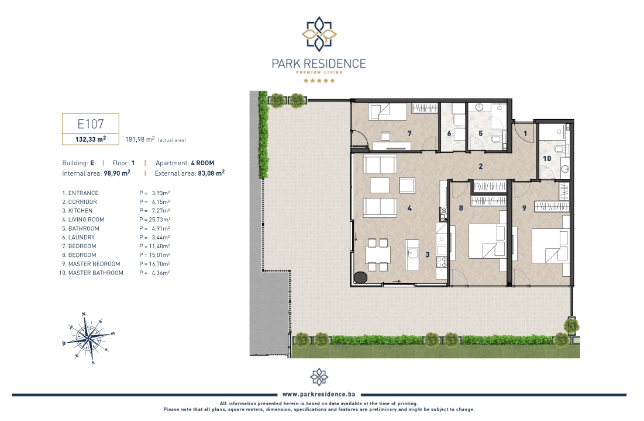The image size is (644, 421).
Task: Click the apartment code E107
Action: coord(91,124)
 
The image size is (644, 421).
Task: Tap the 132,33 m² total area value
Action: coord(91,140)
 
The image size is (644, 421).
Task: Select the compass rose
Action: coord(89,338)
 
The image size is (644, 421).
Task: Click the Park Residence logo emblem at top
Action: coord(319,34)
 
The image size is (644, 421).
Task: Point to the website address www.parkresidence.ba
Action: coord(319,394)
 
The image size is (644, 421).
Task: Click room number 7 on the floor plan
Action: coord(409,133)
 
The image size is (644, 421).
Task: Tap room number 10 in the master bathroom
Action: coord(547,159)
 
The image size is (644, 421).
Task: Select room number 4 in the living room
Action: coord(409,208)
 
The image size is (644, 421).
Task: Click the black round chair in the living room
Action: coord(360,277)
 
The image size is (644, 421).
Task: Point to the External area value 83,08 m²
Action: coord(211,173)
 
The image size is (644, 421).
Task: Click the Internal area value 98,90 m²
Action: coord(117,173)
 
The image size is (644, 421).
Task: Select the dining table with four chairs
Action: coord(378,255)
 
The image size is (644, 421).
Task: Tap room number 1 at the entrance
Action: coord(525,133)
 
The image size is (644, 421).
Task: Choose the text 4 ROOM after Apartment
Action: coord(202,163)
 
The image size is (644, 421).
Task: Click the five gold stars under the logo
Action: coord(319,81)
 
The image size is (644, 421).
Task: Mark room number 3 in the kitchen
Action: coord(427,255)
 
